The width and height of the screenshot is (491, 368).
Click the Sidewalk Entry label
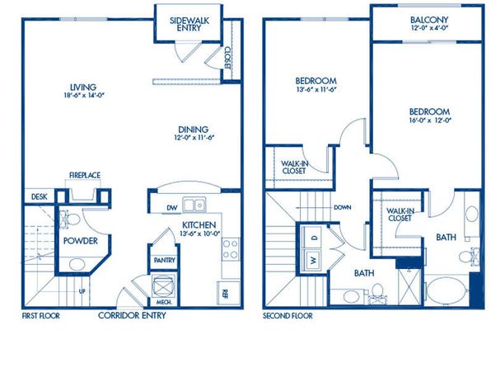click(189, 24)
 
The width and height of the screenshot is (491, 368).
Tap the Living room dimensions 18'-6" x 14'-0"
click(83, 96)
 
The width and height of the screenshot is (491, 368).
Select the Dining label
click(194, 130)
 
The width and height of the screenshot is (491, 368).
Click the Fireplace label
click(85, 176)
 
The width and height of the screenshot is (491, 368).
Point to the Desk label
click(40, 197)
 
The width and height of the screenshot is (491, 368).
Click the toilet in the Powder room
click(69, 219)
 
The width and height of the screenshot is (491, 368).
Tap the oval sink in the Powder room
click(77, 264)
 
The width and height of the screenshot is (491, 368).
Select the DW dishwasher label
click(172, 208)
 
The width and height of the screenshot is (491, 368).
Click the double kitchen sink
click(194, 205)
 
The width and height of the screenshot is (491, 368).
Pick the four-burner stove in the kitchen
click(230, 249)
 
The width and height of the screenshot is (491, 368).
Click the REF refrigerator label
click(225, 294)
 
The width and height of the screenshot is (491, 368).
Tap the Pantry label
click(165, 261)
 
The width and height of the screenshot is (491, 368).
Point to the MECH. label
click(164, 303)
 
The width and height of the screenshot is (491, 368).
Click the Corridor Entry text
click(132, 315)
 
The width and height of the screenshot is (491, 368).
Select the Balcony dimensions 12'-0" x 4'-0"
click(429, 27)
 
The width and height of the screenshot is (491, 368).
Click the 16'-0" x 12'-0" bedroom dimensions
click(430, 120)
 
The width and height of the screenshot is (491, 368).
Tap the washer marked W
click(313, 261)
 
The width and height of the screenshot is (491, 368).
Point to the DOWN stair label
click(342, 207)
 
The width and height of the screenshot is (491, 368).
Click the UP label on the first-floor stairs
click(82, 291)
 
